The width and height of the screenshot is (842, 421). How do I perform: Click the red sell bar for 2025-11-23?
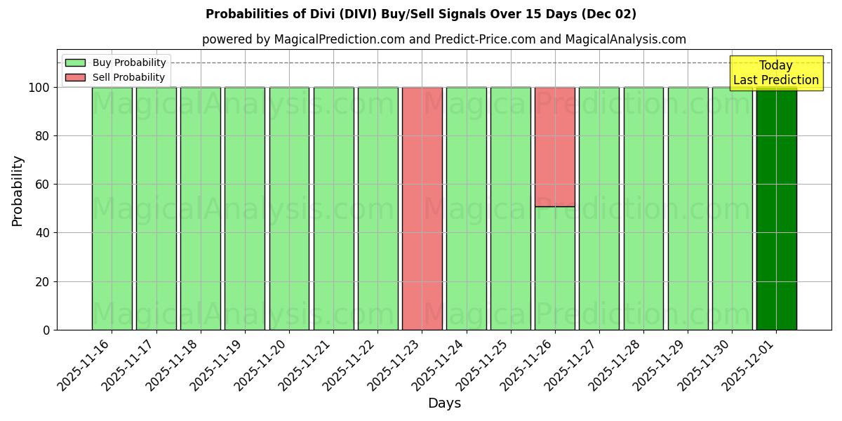click(x=422, y=208)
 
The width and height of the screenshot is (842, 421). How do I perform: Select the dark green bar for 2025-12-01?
click(x=776, y=208)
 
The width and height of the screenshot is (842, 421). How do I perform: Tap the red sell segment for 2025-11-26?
click(x=555, y=147)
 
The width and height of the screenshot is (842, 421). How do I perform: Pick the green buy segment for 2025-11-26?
click(x=555, y=268)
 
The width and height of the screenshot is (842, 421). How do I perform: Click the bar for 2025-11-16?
click(x=112, y=208)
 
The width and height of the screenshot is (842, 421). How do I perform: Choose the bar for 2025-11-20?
click(x=289, y=208)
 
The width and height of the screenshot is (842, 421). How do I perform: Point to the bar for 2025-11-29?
click(x=688, y=208)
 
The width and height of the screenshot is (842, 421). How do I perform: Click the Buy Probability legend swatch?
click(x=75, y=62)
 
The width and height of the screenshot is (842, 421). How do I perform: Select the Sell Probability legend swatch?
click(x=75, y=77)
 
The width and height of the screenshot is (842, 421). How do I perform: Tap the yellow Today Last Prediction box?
click(x=775, y=73)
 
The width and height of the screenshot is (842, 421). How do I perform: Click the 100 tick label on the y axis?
click(x=39, y=88)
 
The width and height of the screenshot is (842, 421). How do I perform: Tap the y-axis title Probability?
click(x=18, y=191)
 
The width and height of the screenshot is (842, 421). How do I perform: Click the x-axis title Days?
click(x=444, y=403)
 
